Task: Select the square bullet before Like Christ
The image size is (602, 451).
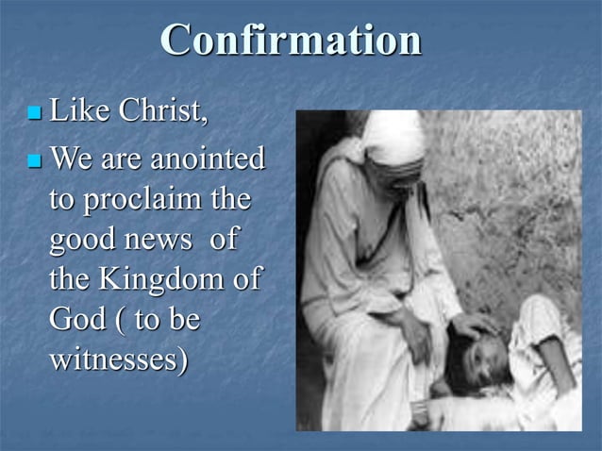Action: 35,114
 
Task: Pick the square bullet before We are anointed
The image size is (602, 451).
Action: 35,159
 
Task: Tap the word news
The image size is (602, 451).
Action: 159,241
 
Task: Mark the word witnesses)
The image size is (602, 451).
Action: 118,359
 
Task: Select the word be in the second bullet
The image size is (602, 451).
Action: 185,320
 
